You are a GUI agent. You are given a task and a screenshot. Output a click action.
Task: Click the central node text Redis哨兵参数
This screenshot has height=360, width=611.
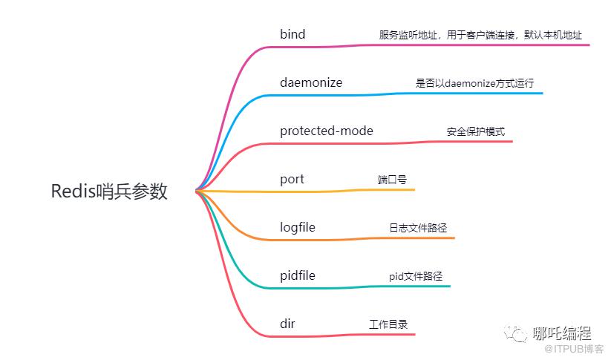point(109,192)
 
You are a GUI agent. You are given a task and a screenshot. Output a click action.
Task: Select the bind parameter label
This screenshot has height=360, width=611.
point(293,34)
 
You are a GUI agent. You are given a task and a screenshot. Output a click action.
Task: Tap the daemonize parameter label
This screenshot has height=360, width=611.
point(311,82)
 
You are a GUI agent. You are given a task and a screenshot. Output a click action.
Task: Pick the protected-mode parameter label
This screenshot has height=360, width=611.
point(327,131)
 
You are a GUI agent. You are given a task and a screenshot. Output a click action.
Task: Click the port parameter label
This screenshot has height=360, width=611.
point(292,180)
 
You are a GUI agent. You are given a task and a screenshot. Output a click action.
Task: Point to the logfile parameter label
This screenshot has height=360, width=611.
point(297,228)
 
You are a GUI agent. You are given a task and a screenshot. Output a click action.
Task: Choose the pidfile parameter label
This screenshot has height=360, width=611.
point(297,276)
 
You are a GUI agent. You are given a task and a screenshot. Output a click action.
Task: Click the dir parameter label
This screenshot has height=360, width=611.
point(287,324)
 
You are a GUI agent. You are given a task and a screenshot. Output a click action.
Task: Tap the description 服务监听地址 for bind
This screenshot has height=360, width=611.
point(408,35)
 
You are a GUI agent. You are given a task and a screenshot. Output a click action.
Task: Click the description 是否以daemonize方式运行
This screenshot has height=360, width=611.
point(474,83)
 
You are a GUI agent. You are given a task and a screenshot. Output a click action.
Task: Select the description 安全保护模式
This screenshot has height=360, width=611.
point(476,131)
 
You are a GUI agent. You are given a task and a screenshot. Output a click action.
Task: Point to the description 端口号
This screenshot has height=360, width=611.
point(392,180)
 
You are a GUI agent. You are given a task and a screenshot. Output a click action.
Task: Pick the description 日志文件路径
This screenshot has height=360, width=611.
point(418,228)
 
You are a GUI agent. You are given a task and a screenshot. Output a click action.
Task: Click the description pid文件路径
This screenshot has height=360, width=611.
point(416,276)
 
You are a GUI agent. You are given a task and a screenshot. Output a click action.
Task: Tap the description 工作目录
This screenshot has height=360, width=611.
point(388,324)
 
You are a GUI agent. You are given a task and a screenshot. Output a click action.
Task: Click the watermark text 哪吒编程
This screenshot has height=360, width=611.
point(562,333)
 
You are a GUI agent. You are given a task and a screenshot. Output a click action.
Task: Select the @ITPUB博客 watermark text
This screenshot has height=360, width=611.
point(574,348)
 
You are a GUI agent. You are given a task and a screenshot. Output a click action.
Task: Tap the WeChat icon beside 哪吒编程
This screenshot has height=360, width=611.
point(515,334)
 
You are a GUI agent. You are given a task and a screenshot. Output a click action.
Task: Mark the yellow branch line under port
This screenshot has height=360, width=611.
point(305,192)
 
